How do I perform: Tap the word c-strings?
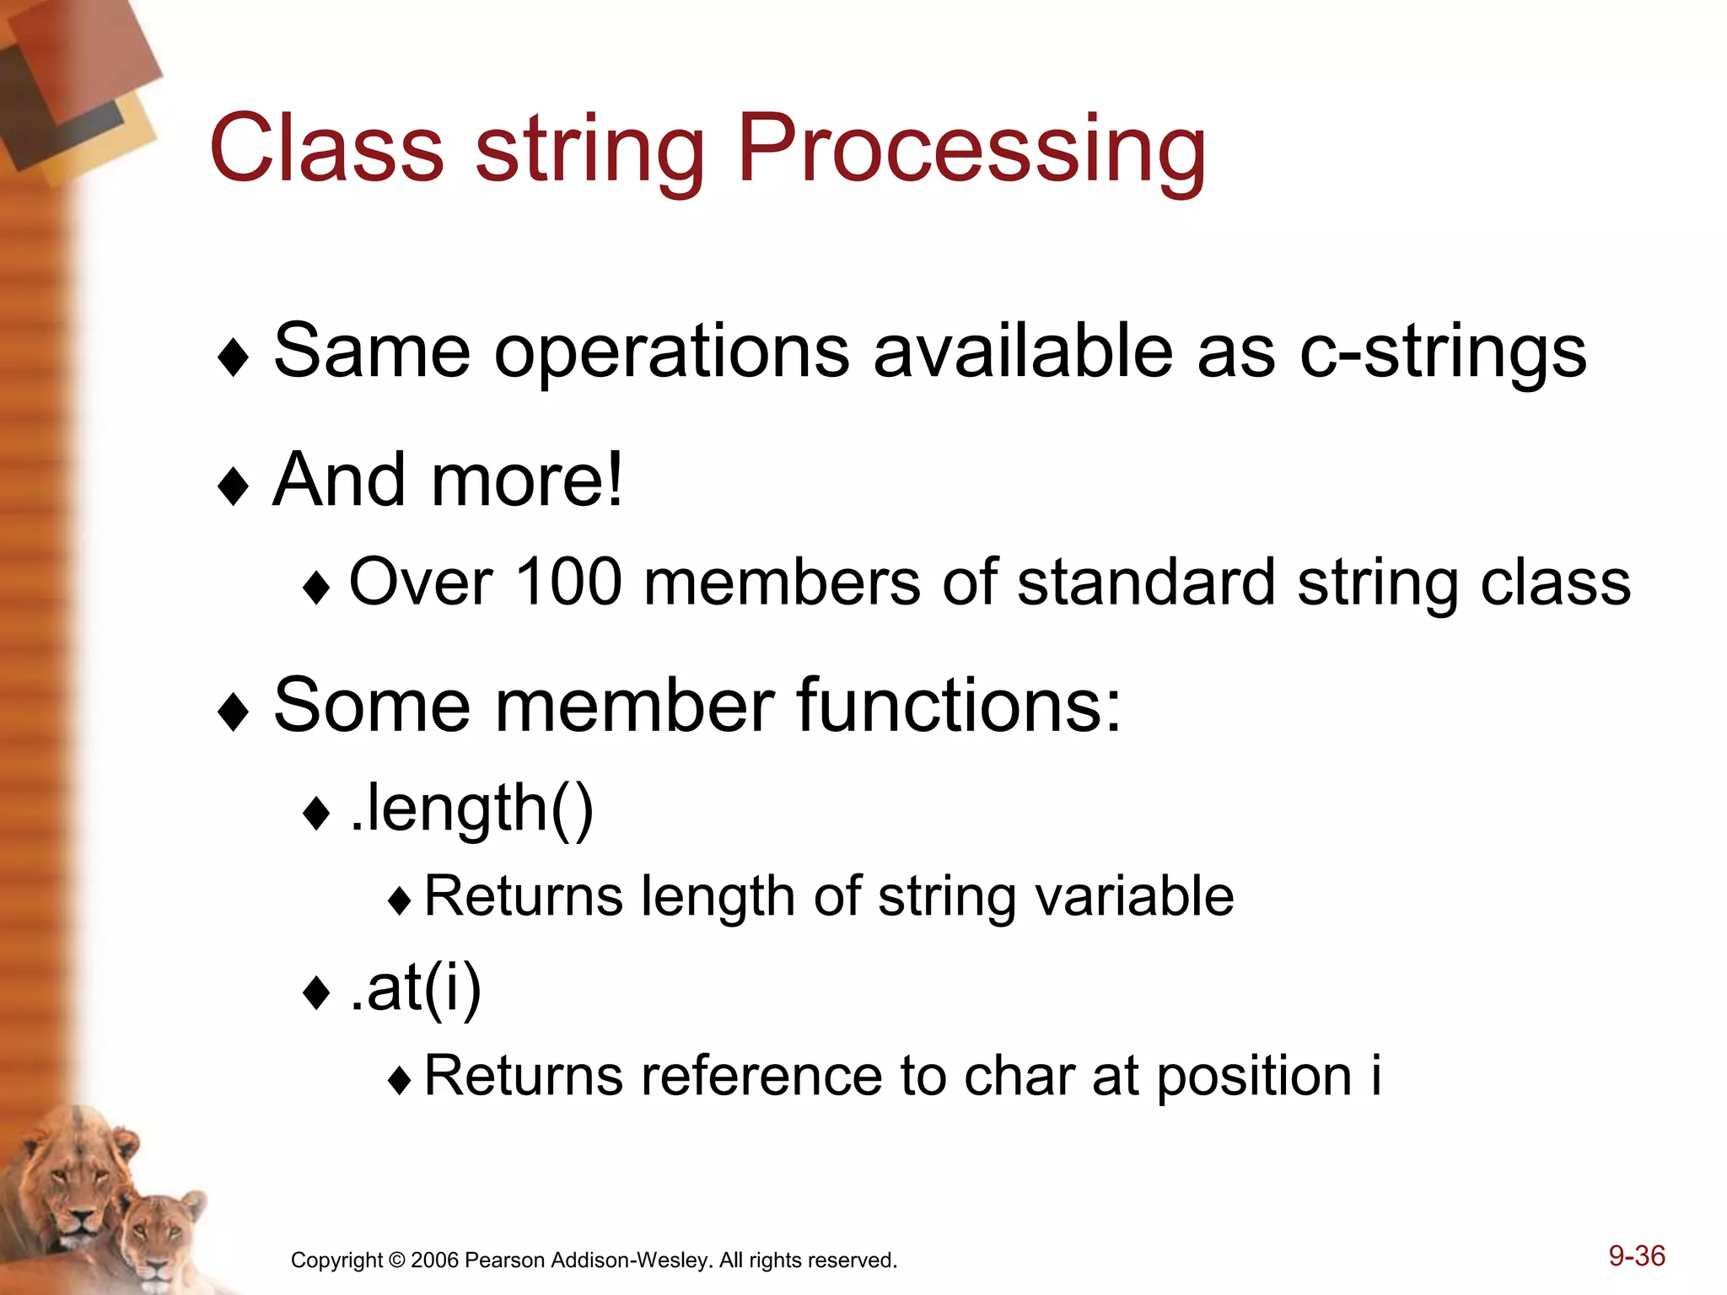coord(1443,352)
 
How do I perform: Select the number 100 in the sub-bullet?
coord(568,583)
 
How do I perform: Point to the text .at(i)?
coord(416,988)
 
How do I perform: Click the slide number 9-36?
coord(1636,1256)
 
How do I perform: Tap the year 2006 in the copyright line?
coord(434,1260)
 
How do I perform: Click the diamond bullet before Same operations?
coord(233,357)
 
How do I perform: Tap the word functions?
coord(959,706)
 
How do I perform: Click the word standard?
coord(1146,583)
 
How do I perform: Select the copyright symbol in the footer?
coord(397,1261)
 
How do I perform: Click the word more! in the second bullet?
coord(528,481)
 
